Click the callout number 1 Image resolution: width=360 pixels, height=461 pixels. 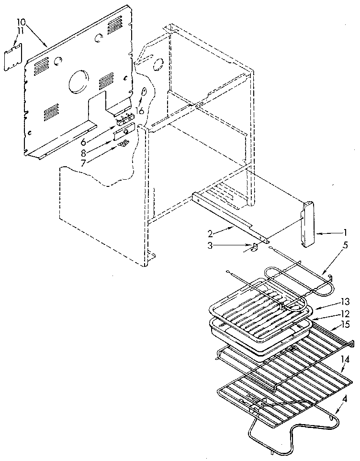pos(345,233)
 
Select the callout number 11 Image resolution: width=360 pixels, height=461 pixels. pos(20,31)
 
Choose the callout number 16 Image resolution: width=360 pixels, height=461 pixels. pos(139,111)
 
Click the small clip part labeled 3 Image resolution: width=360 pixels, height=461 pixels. pos(254,247)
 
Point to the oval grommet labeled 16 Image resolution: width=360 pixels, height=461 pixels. pos(143,93)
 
